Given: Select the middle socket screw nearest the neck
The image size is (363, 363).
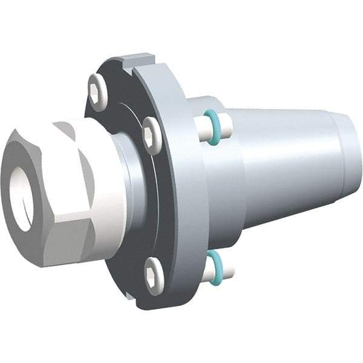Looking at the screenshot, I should pos(151,134).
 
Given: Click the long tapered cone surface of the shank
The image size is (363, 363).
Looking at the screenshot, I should pos(284,163).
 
